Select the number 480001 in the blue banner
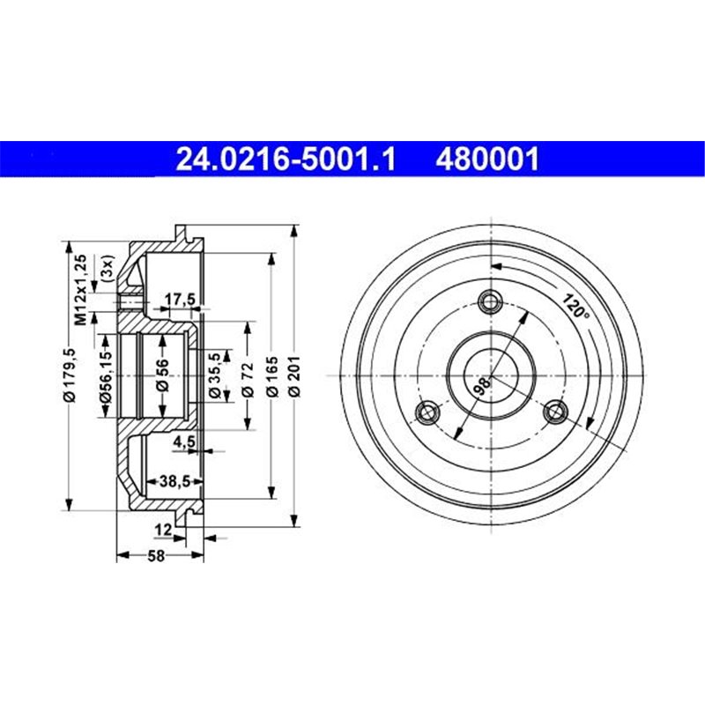click(x=486, y=159)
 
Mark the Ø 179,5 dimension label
click(x=72, y=377)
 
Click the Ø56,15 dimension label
click(x=105, y=377)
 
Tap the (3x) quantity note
click(x=106, y=267)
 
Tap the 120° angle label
click(x=574, y=305)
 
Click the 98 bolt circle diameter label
click(x=481, y=384)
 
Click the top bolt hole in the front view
click(x=491, y=302)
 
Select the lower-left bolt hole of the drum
click(x=427, y=412)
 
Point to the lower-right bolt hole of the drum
click(x=555, y=412)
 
